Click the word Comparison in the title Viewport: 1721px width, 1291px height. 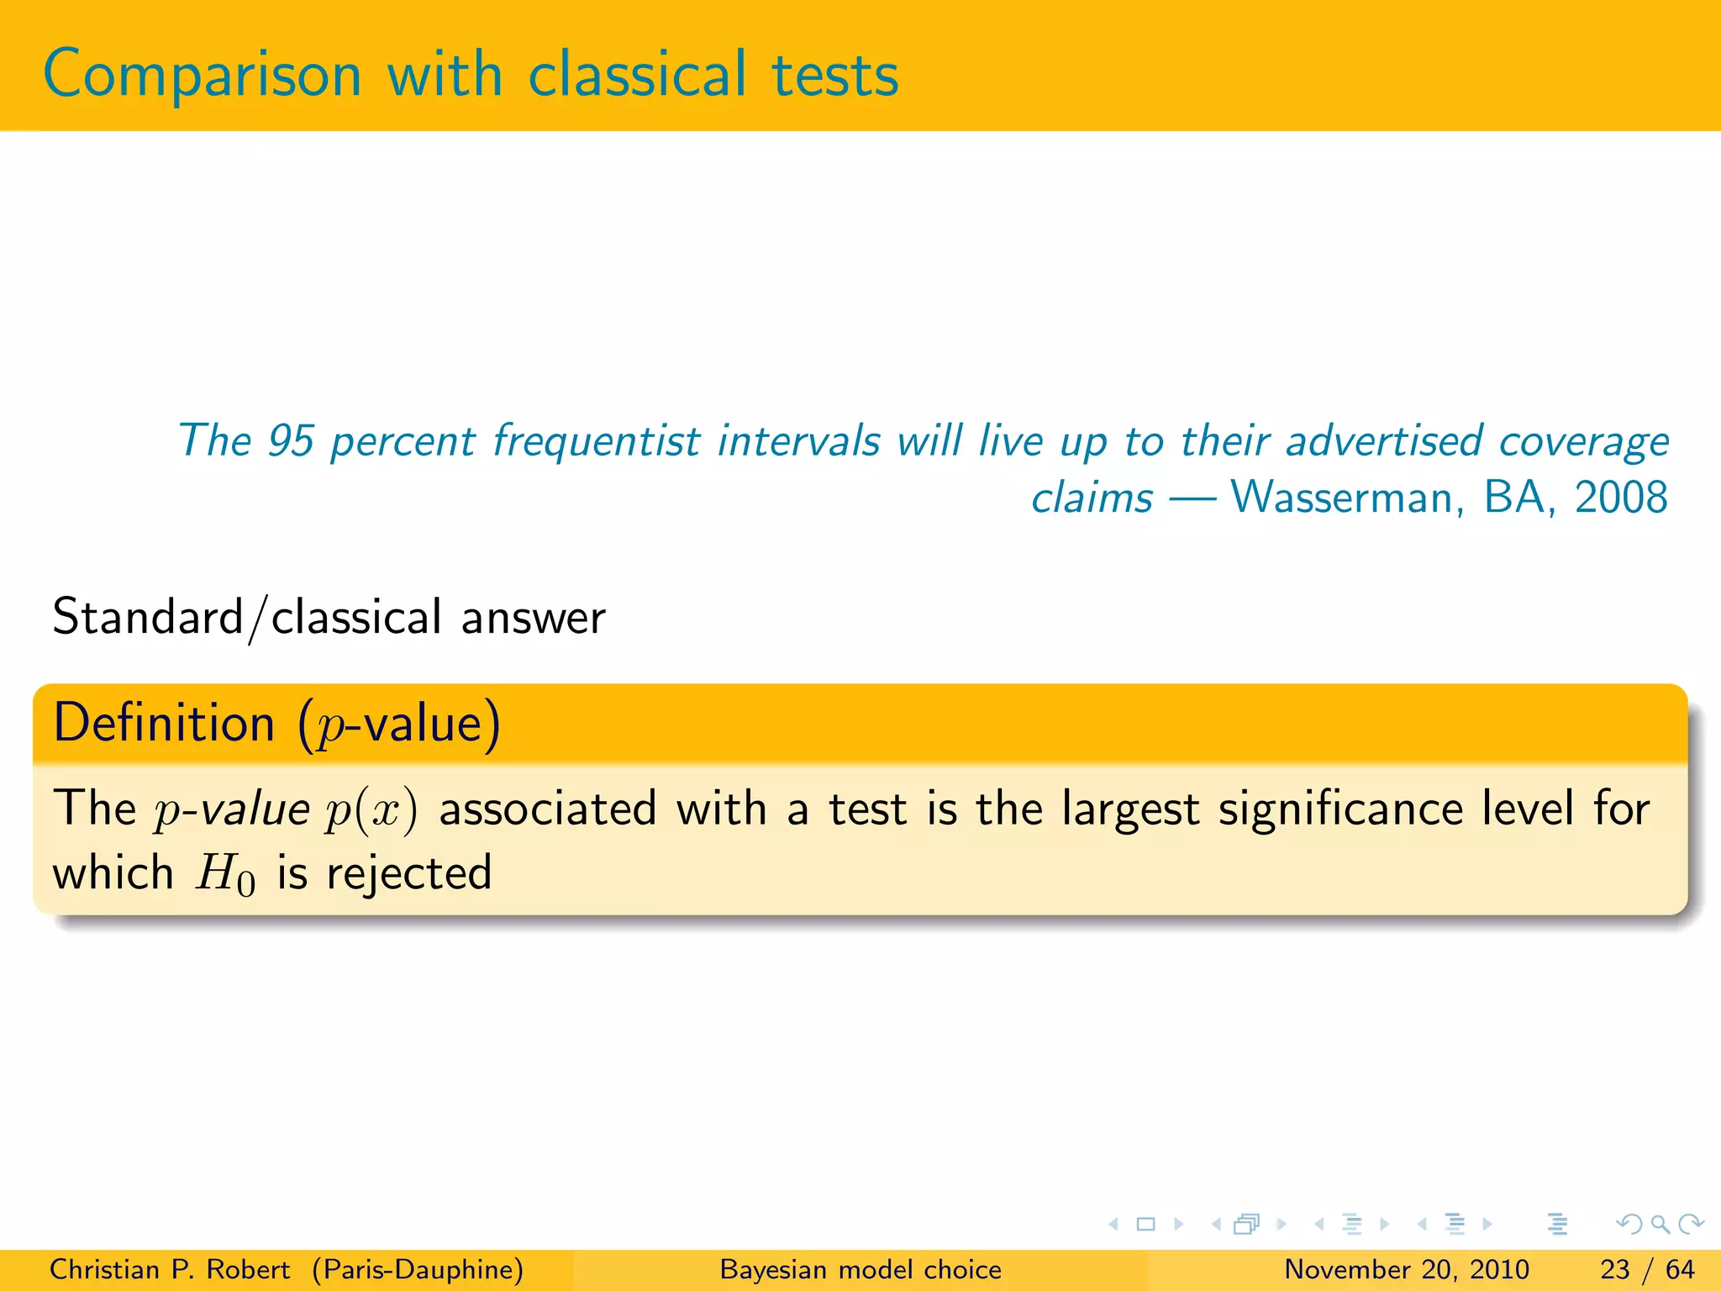(x=203, y=76)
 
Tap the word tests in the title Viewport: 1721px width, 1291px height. (x=835, y=76)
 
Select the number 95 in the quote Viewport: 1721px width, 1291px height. (x=291, y=440)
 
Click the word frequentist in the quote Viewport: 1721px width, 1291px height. (x=596, y=442)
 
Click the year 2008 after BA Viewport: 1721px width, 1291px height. (x=1621, y=497)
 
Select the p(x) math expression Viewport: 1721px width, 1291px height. (x=371, y=811)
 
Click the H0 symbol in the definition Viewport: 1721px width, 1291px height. (x=225, y=874)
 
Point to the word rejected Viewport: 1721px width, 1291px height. (x=409, y=874)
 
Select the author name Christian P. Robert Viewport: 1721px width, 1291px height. (x=170, y=1269)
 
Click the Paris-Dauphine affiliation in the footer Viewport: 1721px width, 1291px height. (x=418, y=1269)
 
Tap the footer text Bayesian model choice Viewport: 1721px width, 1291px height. (x=860, y=1269)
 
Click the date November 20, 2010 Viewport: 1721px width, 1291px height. (x=1407, y=1269)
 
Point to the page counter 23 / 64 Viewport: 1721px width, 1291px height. (x=1647, y=1269)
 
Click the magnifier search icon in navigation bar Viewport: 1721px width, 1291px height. (x=1660, y=1225)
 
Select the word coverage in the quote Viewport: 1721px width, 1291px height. (x=1584, y=442)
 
